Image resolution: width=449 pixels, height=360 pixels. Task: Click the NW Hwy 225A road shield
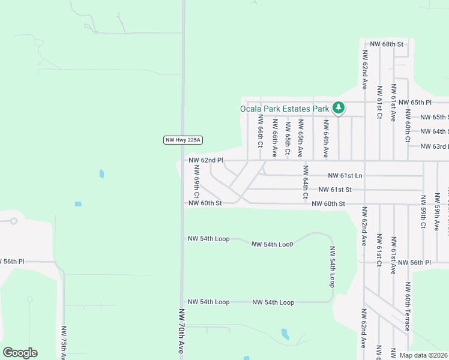pos(183,140)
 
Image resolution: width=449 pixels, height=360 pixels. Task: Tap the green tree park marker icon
pos(339,108)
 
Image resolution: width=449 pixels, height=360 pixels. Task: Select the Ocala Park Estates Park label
pos(285,109)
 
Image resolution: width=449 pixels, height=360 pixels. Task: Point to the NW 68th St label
pos(387,44)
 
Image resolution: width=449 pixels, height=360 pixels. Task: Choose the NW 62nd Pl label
pos(206,160)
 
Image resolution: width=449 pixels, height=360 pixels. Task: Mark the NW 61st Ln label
pos(345,175)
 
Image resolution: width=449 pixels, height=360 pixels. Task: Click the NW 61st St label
pos(335,190)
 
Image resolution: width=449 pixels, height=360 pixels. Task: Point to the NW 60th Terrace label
pos(408,306)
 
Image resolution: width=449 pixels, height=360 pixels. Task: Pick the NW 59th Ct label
pos(423,212)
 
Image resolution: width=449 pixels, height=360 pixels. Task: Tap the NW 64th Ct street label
pos(306,182)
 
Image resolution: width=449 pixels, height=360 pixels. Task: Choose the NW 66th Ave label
pos(274,139)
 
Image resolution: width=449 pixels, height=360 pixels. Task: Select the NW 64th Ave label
pos(325,139)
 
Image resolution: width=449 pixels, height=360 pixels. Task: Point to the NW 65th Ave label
pos(300,139)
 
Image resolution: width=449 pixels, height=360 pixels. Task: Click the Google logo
pos(20,353)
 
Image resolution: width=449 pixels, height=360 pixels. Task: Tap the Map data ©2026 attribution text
pos(423,355)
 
